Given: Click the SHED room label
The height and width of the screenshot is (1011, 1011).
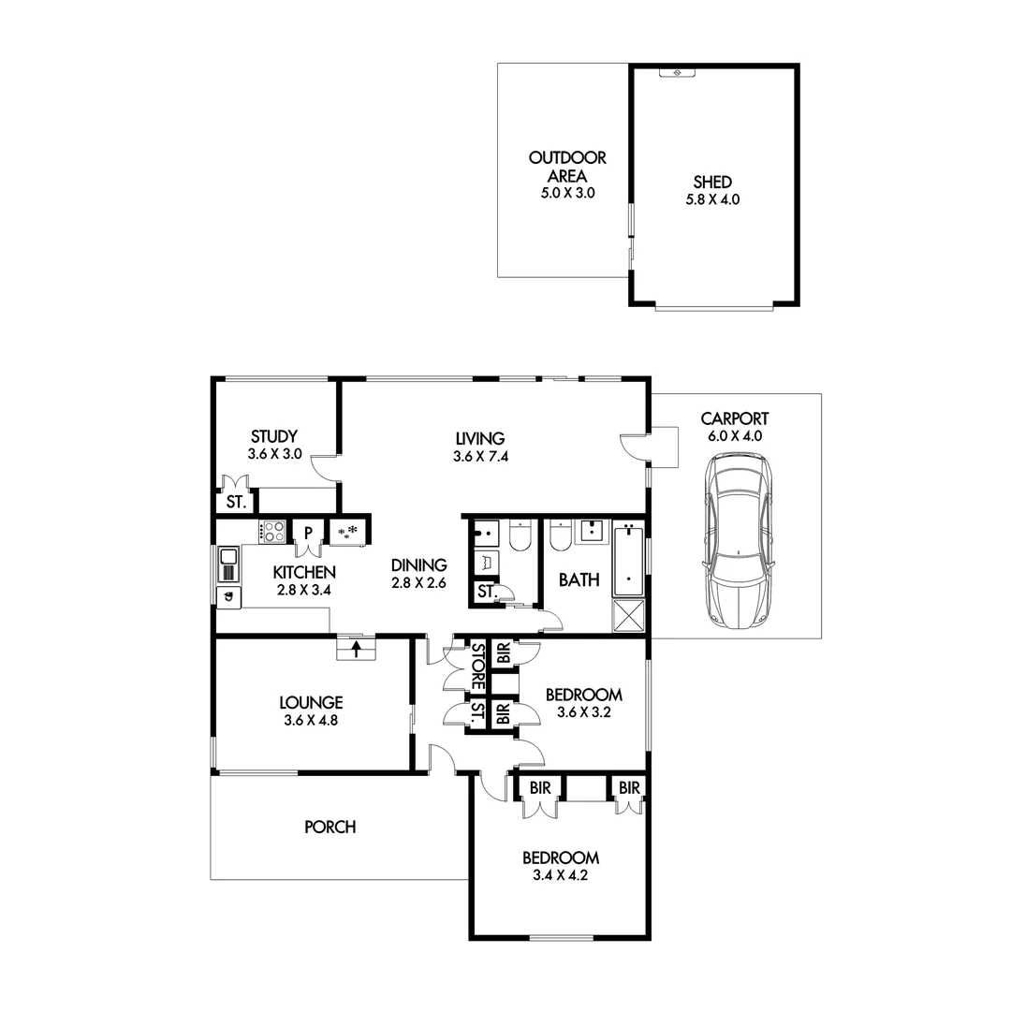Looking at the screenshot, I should [712, 182].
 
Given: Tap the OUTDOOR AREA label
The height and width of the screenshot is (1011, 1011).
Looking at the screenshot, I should [567, 167].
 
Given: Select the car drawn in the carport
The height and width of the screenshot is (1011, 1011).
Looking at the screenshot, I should [738, 540].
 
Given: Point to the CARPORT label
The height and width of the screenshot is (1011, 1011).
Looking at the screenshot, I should [735, 418].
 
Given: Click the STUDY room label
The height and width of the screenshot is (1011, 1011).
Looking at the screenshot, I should [274, 436].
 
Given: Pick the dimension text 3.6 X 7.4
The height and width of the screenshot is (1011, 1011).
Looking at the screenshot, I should [480, 457].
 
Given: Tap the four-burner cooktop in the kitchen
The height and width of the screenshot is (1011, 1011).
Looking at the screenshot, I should [272, 532].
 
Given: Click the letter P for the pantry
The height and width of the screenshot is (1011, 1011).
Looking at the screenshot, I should [307, 531].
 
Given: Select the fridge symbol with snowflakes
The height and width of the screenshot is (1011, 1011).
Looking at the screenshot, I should [348, 532].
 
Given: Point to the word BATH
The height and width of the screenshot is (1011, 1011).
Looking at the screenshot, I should [579, 580].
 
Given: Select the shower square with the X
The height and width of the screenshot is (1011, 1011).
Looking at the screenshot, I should [628, 616].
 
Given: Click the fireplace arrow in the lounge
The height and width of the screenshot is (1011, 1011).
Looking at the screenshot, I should [356, 647].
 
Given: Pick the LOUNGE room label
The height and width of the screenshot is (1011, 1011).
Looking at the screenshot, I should [311, 702].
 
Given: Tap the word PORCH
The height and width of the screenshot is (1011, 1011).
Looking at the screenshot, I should [330, 828].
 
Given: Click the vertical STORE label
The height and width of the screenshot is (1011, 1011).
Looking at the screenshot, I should [476, 666].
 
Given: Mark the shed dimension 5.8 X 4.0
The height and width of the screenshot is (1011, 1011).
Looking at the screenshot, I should [712, 199].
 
